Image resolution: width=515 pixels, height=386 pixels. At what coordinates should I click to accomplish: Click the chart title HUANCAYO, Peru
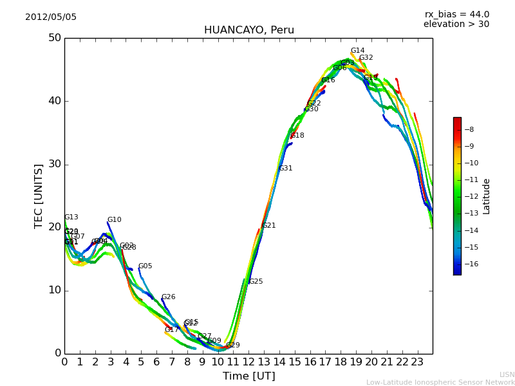click(x=248, y=30)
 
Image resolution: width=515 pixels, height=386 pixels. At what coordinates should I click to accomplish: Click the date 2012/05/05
click(x=51, y=17)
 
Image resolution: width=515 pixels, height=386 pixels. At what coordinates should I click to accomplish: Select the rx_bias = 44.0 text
click(x=456, y=15)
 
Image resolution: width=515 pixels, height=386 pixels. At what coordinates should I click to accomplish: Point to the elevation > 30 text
click(x=456, y=24)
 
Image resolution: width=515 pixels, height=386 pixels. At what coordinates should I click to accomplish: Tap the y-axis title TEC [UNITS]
click(x=39, y=196)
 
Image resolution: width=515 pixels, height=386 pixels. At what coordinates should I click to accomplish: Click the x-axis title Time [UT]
click(x=248, y=376)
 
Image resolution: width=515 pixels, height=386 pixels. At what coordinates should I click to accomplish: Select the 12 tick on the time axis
click(x=248, y=362)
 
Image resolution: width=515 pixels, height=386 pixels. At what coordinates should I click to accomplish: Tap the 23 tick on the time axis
click(x=417, y=362)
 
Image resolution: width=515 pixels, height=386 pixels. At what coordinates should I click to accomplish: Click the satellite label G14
click(x=357, y=51)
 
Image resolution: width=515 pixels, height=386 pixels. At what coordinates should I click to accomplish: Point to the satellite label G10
click(x=114, y=220)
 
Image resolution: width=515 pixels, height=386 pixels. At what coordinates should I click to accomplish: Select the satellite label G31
click(x=285, y=169)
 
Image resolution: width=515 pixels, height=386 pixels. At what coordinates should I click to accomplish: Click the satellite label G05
click(x=145, y=266)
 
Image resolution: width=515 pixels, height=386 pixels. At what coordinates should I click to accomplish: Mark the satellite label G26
click(x=168, y=297)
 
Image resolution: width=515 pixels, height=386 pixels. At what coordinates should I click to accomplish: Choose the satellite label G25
click(x=256, y=282)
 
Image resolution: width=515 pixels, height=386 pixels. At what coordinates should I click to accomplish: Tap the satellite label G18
click(x=297, y=136)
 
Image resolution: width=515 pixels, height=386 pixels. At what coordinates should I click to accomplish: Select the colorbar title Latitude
click(x=487, y=196)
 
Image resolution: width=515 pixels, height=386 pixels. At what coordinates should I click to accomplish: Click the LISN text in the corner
click(x=507, y=374)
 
